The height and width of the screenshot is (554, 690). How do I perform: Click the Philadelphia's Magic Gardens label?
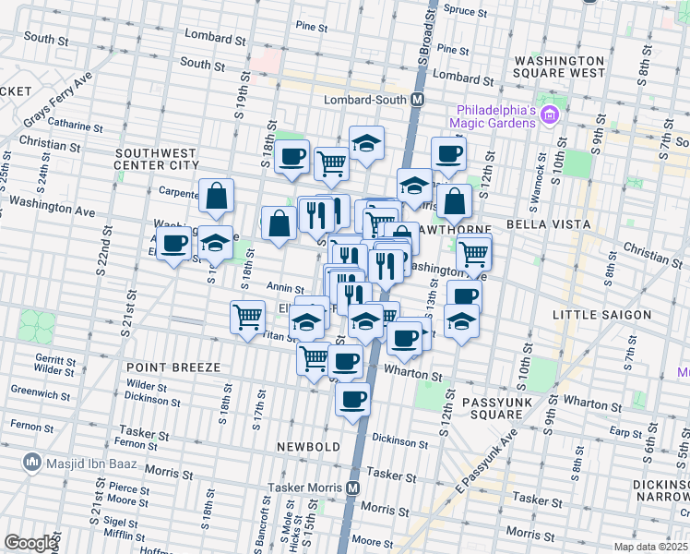pyautogui.click(x=493, y=115)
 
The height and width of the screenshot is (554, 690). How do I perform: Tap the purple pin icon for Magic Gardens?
pyautogui.click(x=551, y=115)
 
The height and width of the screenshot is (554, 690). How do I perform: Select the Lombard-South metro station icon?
pyautogui.click(x=418, y=99)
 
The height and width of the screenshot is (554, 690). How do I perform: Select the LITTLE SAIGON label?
pyautogui.click(x=601, y=315)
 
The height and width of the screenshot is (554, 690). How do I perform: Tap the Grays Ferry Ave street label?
pyautogui.click(x=59, y=103)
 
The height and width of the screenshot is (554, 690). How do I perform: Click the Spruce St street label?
pyautogui.click(x=466, y=11)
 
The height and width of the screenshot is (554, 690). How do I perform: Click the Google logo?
pyautogui.click(x=30, y=542)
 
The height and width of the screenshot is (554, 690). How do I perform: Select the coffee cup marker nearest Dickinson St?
pyautogui.click(x=353, y=401)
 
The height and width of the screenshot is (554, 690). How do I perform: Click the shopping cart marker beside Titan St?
pyautogui.click(x=247, y=317)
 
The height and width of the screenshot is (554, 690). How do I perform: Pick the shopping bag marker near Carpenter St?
pyautogui.click(x=216, y=195)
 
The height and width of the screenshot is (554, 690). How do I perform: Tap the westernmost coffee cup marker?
pyautogui.click(x=173, y=244)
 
